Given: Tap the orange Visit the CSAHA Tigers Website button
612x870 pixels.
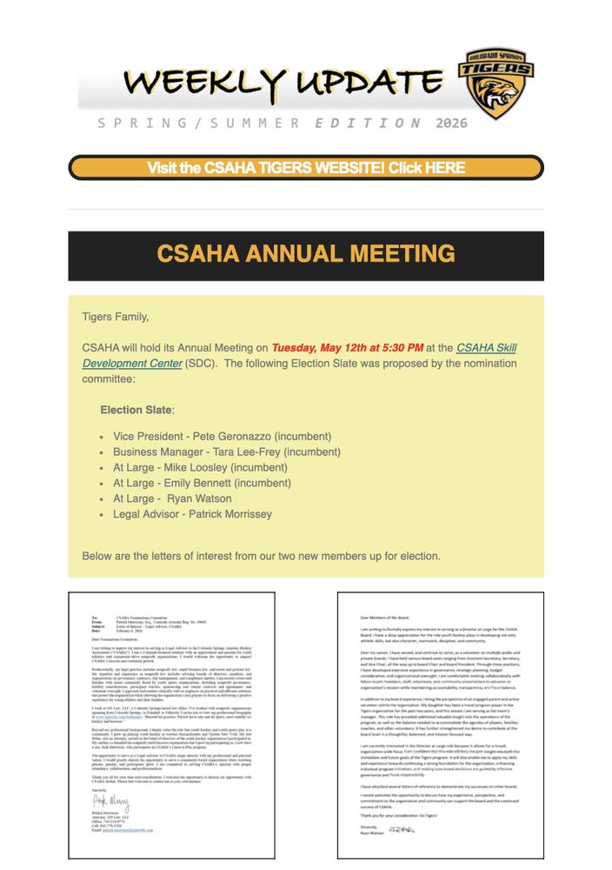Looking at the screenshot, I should click(x=306, y=168).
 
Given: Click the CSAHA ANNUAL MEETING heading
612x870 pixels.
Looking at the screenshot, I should click(x=306, y=254).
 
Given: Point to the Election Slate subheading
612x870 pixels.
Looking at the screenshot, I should click(x=136, y=410).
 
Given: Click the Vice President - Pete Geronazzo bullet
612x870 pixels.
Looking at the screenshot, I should click(x=222, y=436).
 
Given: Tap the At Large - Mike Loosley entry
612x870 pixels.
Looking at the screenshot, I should click(x=200, y=467).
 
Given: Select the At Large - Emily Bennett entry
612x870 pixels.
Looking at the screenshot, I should click(x=202, y=483).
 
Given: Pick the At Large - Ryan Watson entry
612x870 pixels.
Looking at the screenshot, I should click(x=172, y=499).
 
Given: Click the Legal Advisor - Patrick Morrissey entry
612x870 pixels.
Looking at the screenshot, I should click(x=192, y=514).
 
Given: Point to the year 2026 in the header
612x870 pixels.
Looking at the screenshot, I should click(x=452, y=124).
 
